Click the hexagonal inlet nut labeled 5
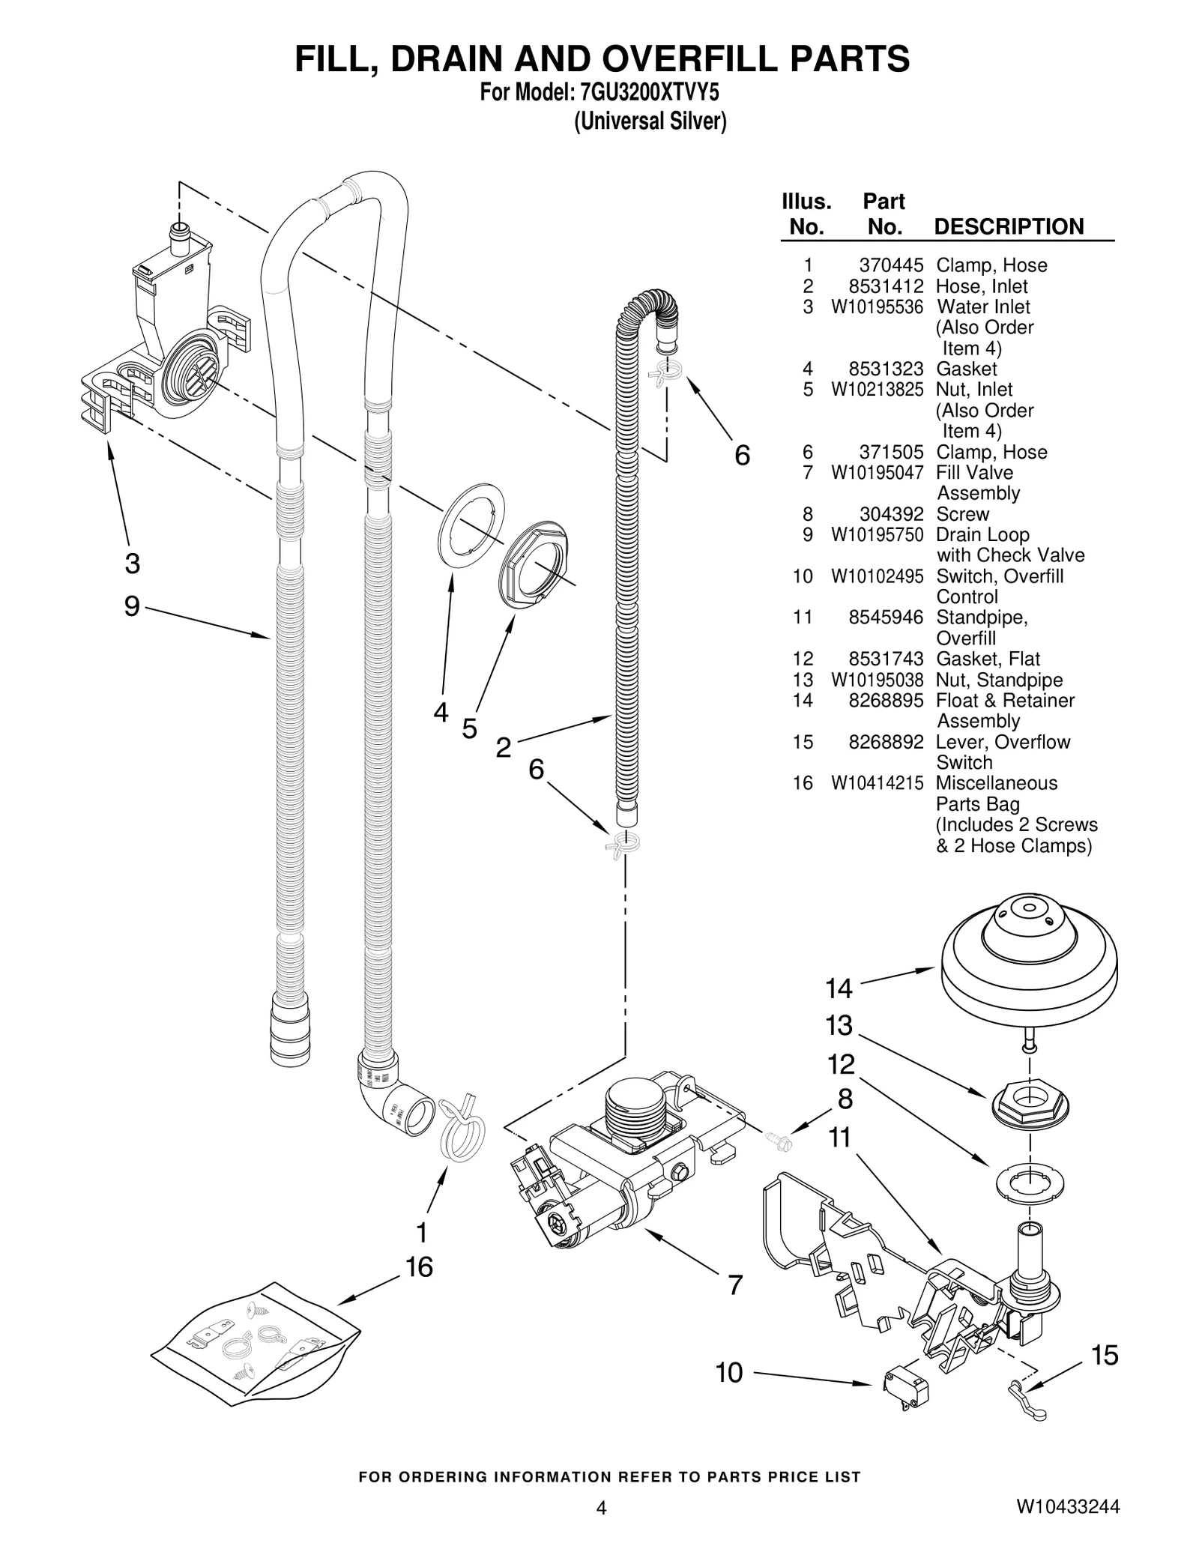click(x=533, y=563)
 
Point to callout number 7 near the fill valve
click(x=735, y=1284)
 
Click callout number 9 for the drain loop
click(x=132, y=606)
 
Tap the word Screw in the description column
click(x=962, y=514)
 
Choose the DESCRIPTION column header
click(x=1008, y=226)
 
